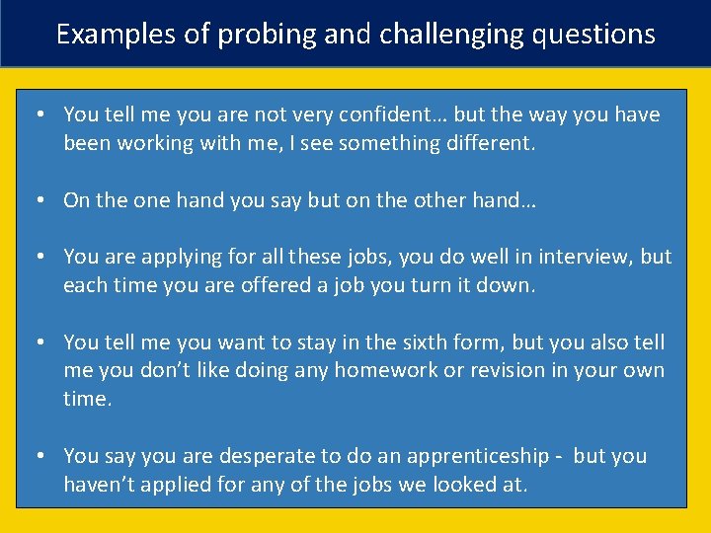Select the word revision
pyautogui.click(x=513, y=370)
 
